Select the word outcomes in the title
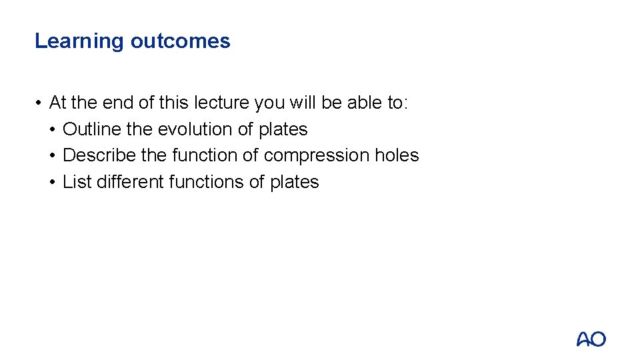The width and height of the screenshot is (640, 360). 180,41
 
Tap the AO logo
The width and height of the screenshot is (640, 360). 591,339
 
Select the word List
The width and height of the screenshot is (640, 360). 77,182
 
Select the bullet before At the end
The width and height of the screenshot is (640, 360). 39,103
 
